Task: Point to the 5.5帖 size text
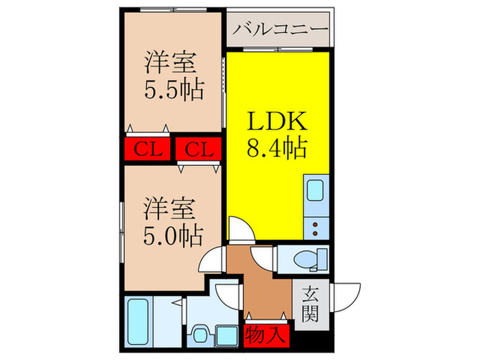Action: click(x=173, y=89)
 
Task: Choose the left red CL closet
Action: click(x=147, y=148)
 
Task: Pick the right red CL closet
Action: click(x=198, y=148)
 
